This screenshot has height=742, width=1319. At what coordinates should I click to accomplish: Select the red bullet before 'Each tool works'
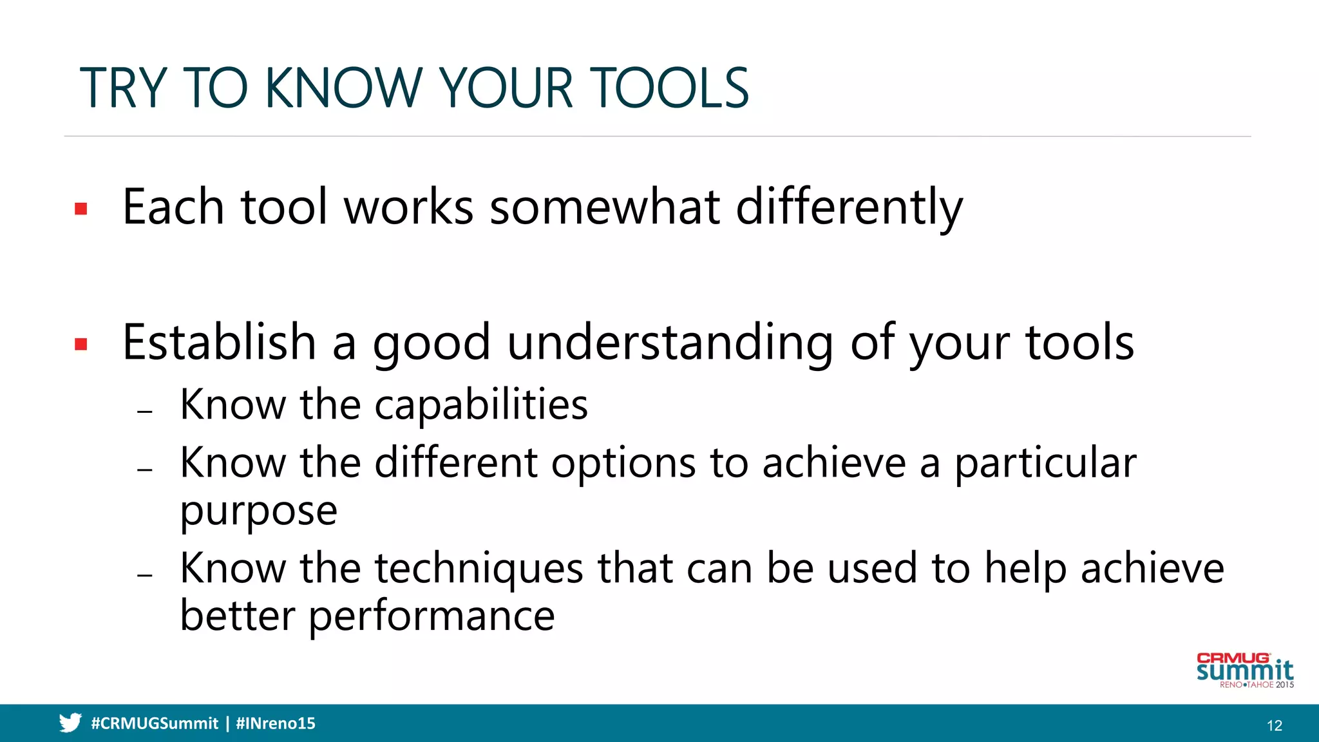[81, 209]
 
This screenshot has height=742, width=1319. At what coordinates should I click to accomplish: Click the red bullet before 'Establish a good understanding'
[81, 345]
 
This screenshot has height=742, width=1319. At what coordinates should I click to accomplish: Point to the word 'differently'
[849, 207]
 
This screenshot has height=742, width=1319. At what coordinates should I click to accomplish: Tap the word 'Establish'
[219, 343]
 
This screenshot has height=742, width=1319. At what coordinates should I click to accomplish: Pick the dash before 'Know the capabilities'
[145, 411]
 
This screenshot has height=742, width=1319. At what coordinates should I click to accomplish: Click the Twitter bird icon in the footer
[70, 723]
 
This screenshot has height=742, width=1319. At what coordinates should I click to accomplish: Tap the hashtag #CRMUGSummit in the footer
[155, 723]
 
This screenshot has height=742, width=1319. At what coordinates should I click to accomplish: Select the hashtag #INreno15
[276, 723]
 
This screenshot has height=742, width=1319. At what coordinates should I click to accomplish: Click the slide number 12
[1274, 725]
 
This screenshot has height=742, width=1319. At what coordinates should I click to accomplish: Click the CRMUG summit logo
[1244, 671]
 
